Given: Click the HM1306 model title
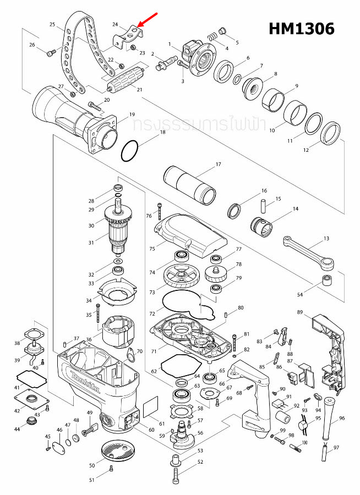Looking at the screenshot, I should tap(301, 29).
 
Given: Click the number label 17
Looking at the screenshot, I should tap(218, 164).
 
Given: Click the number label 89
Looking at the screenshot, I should tap(300, 312).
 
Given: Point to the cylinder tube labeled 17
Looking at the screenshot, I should tap(192, 185).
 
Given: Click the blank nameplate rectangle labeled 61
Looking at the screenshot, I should tap(151, 410).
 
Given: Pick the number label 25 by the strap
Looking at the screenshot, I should tap(52, 25).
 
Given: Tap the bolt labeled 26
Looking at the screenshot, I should tap(51, 53).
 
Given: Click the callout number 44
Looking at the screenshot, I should tap(17, 428).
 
